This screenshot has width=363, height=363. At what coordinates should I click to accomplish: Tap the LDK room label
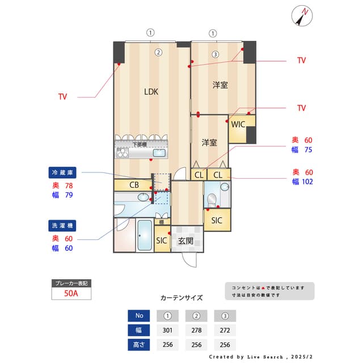[x=151, y=91]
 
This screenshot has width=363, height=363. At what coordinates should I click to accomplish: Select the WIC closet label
[x=238, y=124]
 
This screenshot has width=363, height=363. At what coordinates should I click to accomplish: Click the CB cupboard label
[x=134, y=184]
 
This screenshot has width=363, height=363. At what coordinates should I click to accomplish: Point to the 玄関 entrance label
[x=186, y=241]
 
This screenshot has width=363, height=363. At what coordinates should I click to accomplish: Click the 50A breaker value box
[x=71, y=294]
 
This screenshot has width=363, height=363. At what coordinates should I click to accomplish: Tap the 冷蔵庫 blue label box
[x=63, y=172]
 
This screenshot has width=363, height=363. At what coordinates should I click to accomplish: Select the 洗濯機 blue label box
[x=63, y=226]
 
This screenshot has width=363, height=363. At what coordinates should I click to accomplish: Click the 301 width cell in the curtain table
[x=168, y=330]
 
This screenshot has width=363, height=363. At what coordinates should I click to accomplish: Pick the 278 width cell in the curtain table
[x=196, y=330]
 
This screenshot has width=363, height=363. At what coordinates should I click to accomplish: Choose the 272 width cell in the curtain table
[x=225, y=330]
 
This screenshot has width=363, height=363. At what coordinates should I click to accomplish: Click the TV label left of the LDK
[x=62, y=97]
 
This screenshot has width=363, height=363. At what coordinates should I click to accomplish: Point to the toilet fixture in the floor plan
[x=212, y=200]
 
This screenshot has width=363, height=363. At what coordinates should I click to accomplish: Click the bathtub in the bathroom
[x=144, y=235]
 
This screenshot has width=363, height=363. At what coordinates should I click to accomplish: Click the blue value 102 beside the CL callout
[x=307, y=182]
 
